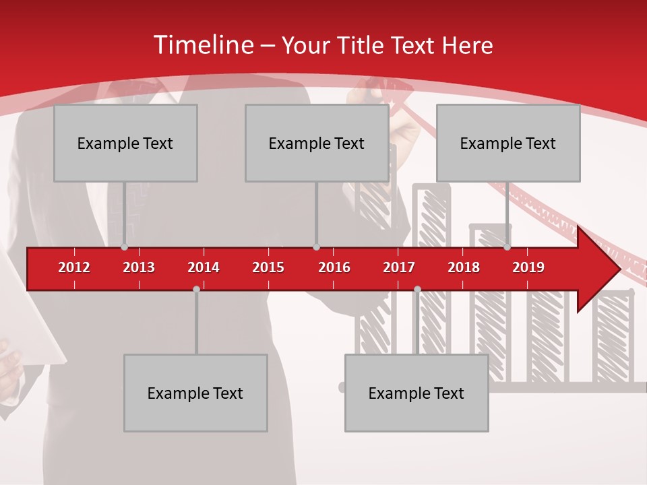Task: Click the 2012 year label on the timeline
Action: click(74, 267)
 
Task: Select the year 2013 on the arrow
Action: click(139, 267)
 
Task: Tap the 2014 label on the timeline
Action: click(204, 267)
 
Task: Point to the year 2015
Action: click(268, 267)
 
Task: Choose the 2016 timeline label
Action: click(334, 267)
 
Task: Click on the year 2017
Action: click(399, 267)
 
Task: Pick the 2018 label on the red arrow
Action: click(464, 267)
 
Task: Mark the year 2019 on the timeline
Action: click(528, 267)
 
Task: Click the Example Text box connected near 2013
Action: click(125, 143)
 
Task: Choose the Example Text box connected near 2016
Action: click(317, 143)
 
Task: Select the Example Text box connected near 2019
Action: click(508, 143)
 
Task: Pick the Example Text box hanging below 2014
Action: click(195, 393)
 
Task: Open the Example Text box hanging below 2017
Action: click(417, 393)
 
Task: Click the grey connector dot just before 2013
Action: click(125, 247)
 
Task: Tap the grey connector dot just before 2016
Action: click(317, 247)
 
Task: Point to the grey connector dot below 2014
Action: click(196, 289)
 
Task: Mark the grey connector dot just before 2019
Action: click(507, 247)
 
